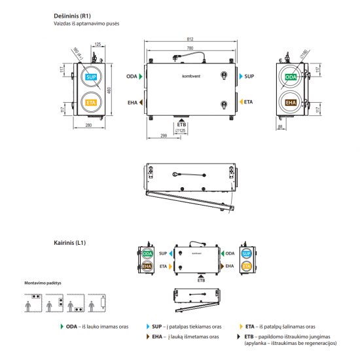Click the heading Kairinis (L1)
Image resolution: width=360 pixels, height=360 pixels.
[x=70, y=242]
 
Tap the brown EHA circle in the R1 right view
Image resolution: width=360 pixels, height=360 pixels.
[x=291, y=103]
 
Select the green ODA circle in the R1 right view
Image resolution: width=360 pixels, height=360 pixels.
[x=291, y=77]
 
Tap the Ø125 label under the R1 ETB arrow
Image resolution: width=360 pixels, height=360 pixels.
[x=183, y=131]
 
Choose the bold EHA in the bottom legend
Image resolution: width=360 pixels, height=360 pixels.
[x=156, y=336]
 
